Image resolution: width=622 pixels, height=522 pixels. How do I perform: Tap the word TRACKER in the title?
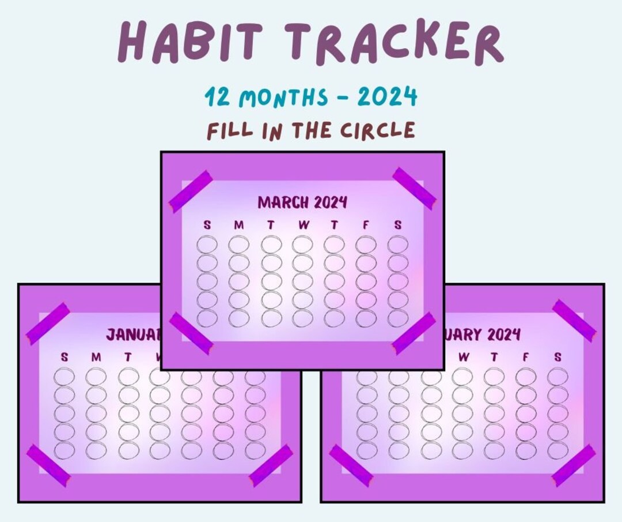396,42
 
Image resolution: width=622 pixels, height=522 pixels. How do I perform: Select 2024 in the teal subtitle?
386,97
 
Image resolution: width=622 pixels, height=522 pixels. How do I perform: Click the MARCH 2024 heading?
302,202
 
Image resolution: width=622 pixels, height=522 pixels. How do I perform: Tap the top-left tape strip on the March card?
191,191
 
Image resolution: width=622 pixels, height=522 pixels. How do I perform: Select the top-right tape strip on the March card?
414,188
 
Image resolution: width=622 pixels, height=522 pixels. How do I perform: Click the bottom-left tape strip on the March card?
191,333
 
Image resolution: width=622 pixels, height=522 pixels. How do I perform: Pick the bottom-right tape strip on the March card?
414,333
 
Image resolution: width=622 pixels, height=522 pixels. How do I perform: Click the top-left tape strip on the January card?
48,324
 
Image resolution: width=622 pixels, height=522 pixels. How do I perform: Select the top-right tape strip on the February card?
574,320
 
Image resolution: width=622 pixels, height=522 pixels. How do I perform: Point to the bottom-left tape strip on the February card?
351,465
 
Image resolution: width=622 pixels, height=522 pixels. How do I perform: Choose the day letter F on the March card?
366,226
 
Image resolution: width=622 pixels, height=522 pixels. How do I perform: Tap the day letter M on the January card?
96,358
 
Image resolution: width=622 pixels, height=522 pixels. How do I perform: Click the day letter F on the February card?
525,358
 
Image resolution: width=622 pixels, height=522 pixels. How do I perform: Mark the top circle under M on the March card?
238,245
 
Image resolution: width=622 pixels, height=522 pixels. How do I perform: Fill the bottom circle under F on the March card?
366,318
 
